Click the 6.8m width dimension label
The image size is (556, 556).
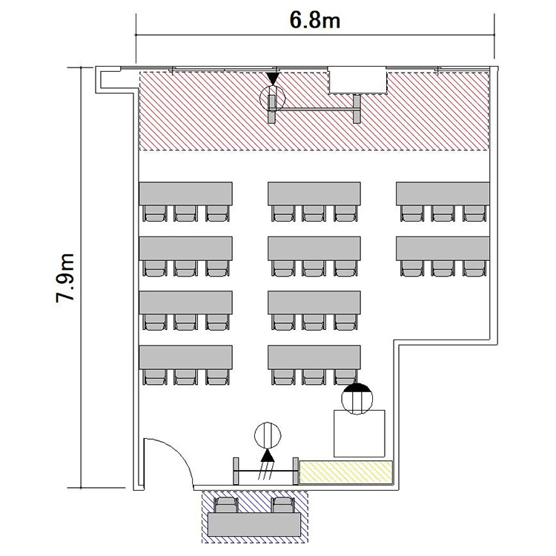click(x=315, y=20)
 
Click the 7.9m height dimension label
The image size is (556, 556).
click(x=65, y=278)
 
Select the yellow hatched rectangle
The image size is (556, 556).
click(x=346, y=472)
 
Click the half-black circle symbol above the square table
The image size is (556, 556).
click(x=357, y=399)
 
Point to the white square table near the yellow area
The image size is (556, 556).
click(x=360, y=434)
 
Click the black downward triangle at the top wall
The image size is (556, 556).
click(x=272, y=79)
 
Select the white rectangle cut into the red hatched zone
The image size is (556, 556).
click(x=357, y=81)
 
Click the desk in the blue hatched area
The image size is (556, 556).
click(x=255, y=524)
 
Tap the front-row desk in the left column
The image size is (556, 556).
click(x=186, y=193)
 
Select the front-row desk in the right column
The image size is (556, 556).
click(x=443, y=193)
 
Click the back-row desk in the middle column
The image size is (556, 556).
click(x=314, y=357)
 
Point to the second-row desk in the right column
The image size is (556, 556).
click(x=443, y=248)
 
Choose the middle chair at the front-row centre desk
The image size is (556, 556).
click(x=314, y=214)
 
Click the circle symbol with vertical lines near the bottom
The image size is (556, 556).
click(x=268, y=435)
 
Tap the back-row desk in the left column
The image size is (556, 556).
click(x=186, y=357)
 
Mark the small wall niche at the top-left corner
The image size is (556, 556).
click(x=110, y=80)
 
